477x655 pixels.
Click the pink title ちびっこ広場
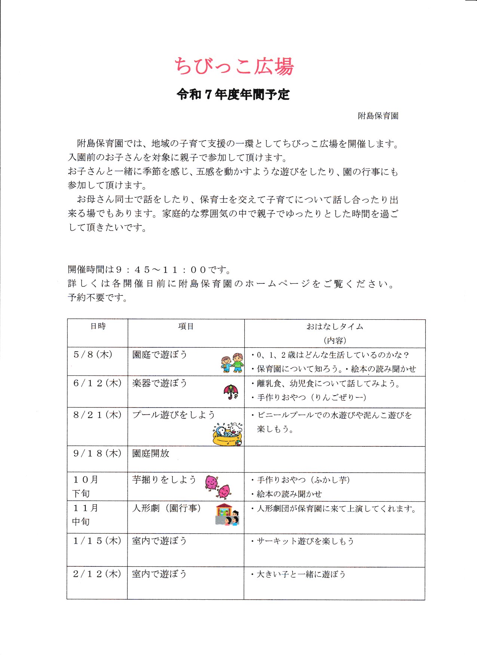[x=234, y=67]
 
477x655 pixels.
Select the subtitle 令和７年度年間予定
[x=233, y=95]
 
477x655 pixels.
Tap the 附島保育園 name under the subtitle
[x=378, y=116]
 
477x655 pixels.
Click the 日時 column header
[x=98, y=326]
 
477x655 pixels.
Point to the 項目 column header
[x=186, y=326]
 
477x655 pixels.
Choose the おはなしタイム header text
[x=335, y=327]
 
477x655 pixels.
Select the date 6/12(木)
[x=97, y=383]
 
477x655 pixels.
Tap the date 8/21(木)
[x=97, y=415]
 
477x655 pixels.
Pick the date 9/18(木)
[x=97, y=453]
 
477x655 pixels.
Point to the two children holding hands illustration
[x=232, y=363]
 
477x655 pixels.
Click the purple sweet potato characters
[x=218, y=486]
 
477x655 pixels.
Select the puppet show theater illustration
[x=227, y=515]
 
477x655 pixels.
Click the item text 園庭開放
[x=151, y=453]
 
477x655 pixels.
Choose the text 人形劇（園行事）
[x=167, y=508]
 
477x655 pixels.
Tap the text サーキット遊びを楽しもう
[x=305, y=541]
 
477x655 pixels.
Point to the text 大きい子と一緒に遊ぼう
[x=301, y=574]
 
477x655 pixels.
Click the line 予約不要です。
[x=98, y=298]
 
